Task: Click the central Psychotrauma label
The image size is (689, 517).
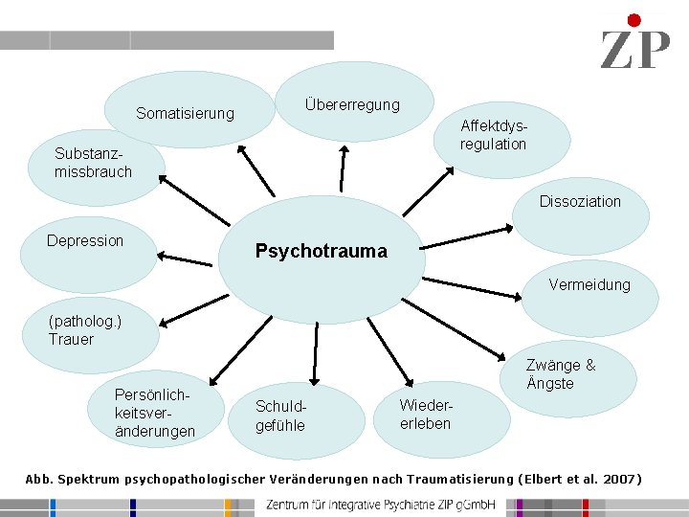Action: [321, 251]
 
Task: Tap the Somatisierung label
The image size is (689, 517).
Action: [185, 114]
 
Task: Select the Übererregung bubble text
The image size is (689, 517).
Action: [352, 104]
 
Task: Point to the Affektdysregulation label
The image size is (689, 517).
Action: [493, 135]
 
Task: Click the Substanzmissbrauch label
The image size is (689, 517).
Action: [93, 163]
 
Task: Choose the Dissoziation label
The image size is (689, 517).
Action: [580, 201]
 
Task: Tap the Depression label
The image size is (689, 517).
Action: [85, 240]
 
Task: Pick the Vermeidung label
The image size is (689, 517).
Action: [589, 284]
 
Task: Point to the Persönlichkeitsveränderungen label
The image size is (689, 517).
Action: [154, 413]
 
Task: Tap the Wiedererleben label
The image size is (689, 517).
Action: [425, 415]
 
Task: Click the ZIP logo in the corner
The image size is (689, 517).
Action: [634, 43]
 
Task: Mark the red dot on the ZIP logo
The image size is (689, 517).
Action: [633, 20]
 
